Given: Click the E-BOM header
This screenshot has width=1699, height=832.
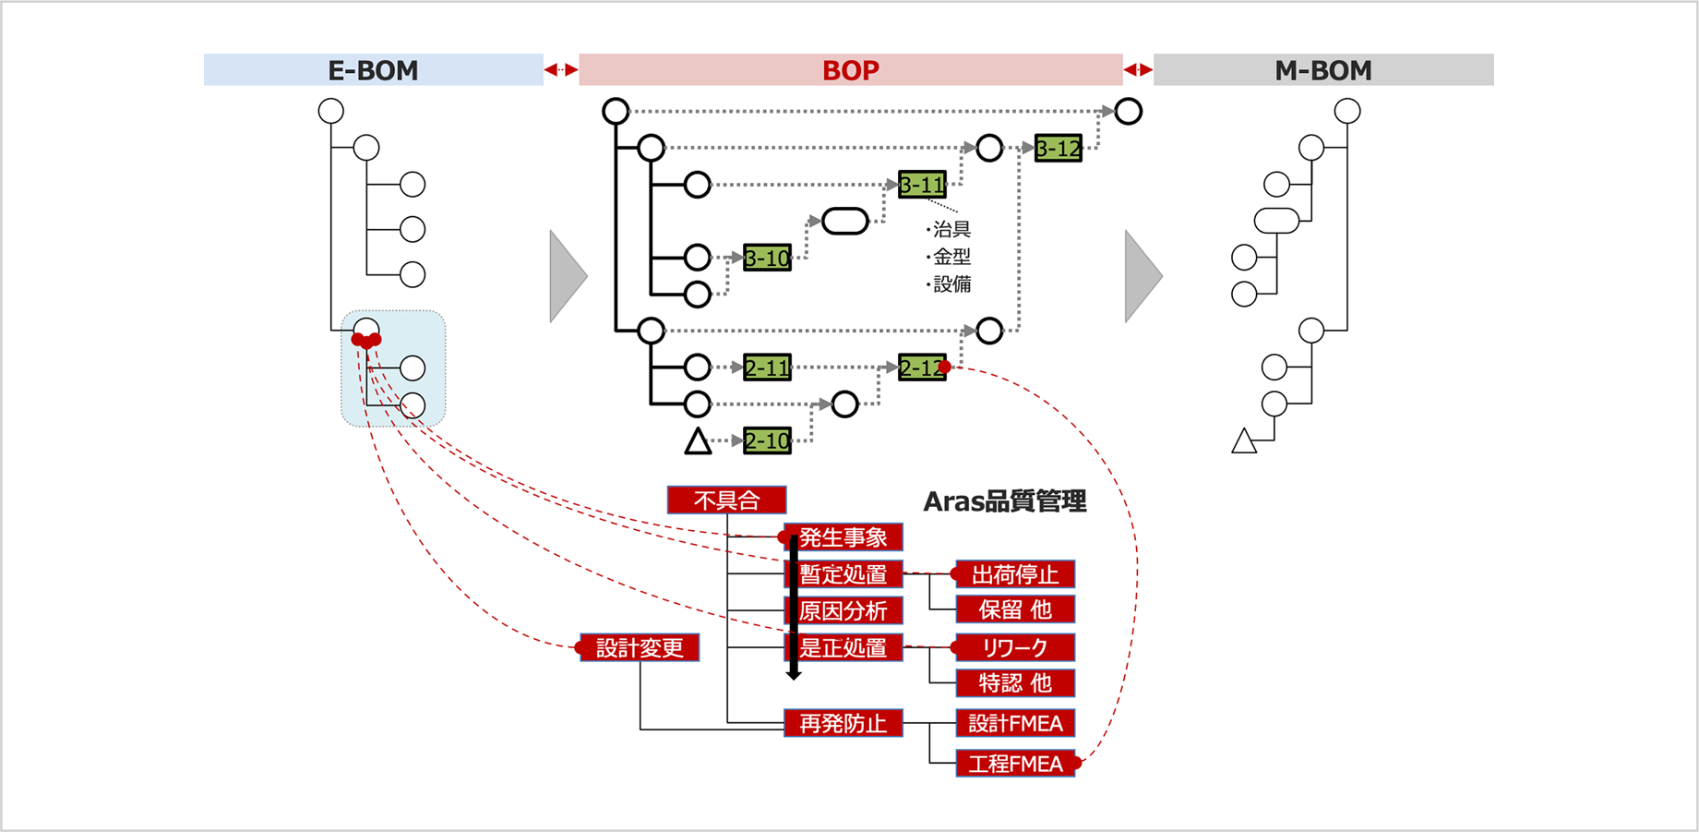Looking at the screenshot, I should [x=373, y=70].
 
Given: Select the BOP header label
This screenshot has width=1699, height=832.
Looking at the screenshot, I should [x=850, y=70].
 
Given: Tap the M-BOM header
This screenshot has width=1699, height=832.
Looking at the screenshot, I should [x=1322, y=70].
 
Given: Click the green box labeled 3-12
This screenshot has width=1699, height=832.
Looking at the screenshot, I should [x=1058, y=148].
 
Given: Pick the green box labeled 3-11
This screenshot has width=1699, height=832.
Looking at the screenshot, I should [x=922, y=185].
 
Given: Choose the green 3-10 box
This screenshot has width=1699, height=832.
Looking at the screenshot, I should [x=767, y=258].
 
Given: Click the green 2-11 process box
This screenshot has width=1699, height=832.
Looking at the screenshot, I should [x=767, y=368].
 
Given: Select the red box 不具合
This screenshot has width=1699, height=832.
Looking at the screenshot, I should [x=726, y=500].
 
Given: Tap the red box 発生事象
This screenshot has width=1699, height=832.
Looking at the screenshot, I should [x=843, y=537].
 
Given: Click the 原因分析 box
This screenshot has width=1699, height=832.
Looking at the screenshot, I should [x=843, y=610].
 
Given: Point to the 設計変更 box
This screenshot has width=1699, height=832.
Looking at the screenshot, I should [x=639, y=647].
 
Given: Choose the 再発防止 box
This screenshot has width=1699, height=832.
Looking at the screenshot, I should [x=843, y=723].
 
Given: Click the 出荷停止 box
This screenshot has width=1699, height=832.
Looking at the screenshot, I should [x=1015, y=574].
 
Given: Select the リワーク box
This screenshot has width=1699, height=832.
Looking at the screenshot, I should [x=1015, y=647].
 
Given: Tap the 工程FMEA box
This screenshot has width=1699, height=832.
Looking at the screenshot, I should [x=1015, y=764].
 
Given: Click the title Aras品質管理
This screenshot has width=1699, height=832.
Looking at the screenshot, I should [x=1004, y=501].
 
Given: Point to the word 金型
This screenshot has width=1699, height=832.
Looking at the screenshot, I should [x=951, y=257].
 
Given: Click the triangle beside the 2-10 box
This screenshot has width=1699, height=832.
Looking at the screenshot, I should [x=698, y=442].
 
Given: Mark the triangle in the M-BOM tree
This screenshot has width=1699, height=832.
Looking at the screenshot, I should [x=1244, y=442].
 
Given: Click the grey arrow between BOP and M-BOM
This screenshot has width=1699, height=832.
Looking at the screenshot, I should [x=1142, y=276].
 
